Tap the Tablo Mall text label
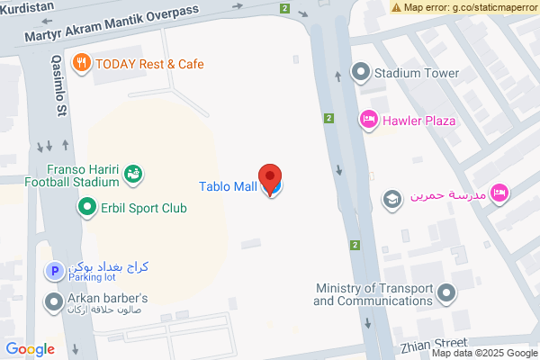(227, 187)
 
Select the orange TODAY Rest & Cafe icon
(82, 64)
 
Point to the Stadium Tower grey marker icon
(361, 72)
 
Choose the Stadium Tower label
(417, 73)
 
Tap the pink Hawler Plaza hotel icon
(368, 120)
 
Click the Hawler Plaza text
(418, 121)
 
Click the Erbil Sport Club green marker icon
(87, 208)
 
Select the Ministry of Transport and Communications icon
(445, 293)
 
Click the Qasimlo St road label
(60, 87)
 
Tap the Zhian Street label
(434, 343)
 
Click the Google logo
(31, 349)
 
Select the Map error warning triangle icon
(396, 7)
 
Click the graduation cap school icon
(391, 197)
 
